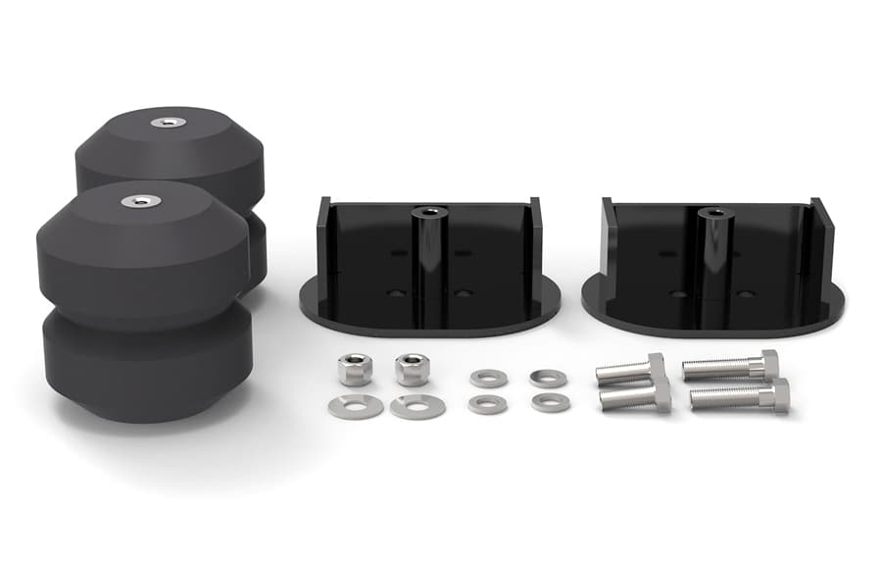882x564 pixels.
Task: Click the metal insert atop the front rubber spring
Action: (x=141, y=200)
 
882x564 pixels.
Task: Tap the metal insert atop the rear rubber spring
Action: (x=169, y=123)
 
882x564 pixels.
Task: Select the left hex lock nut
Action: (x=355, y=369)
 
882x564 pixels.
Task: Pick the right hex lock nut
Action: (x=412, y=369)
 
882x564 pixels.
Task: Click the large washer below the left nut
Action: (x=355, y=406)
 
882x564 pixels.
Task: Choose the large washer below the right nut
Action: (x=416, y=406)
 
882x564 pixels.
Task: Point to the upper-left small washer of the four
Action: (x=488, y=379)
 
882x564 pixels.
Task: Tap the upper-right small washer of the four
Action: (x=547, y=378)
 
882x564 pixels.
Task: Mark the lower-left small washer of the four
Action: (x=487, y=404)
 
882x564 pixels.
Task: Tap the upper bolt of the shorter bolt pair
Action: (x=630, y=371)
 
